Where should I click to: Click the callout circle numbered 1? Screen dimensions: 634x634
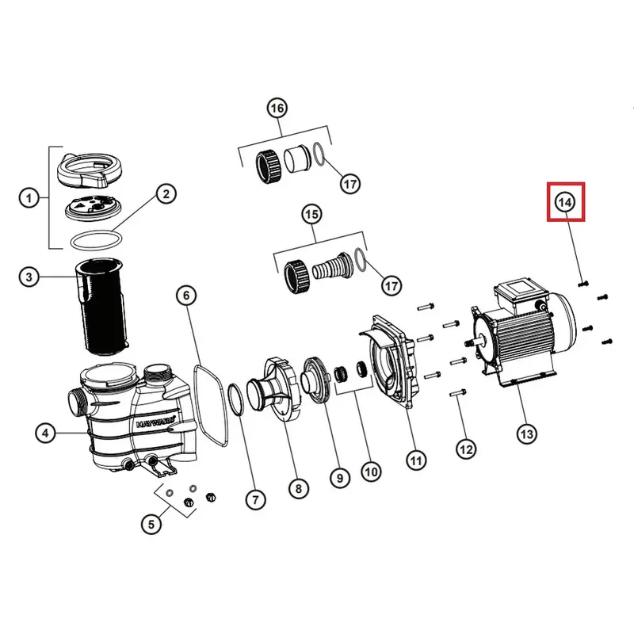point(29,198)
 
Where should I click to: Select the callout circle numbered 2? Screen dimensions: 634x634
point(166,193)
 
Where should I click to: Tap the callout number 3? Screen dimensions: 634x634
point(29,277)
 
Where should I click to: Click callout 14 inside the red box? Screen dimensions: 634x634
point(564,202)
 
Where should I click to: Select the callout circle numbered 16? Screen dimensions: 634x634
point(277,109)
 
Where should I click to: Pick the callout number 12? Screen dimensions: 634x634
point(466,449)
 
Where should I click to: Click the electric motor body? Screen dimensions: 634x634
point(527,333)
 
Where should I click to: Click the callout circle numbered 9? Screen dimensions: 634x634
point(338,478)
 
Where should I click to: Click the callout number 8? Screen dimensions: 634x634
point(297,489)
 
